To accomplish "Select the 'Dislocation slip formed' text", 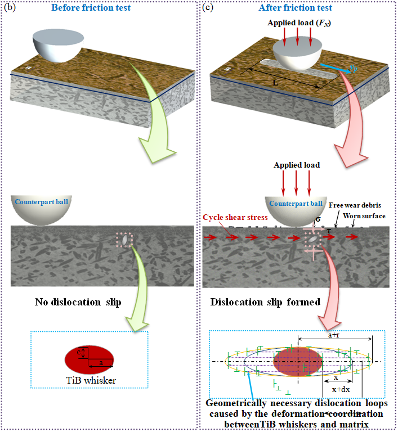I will coord(265,303).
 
